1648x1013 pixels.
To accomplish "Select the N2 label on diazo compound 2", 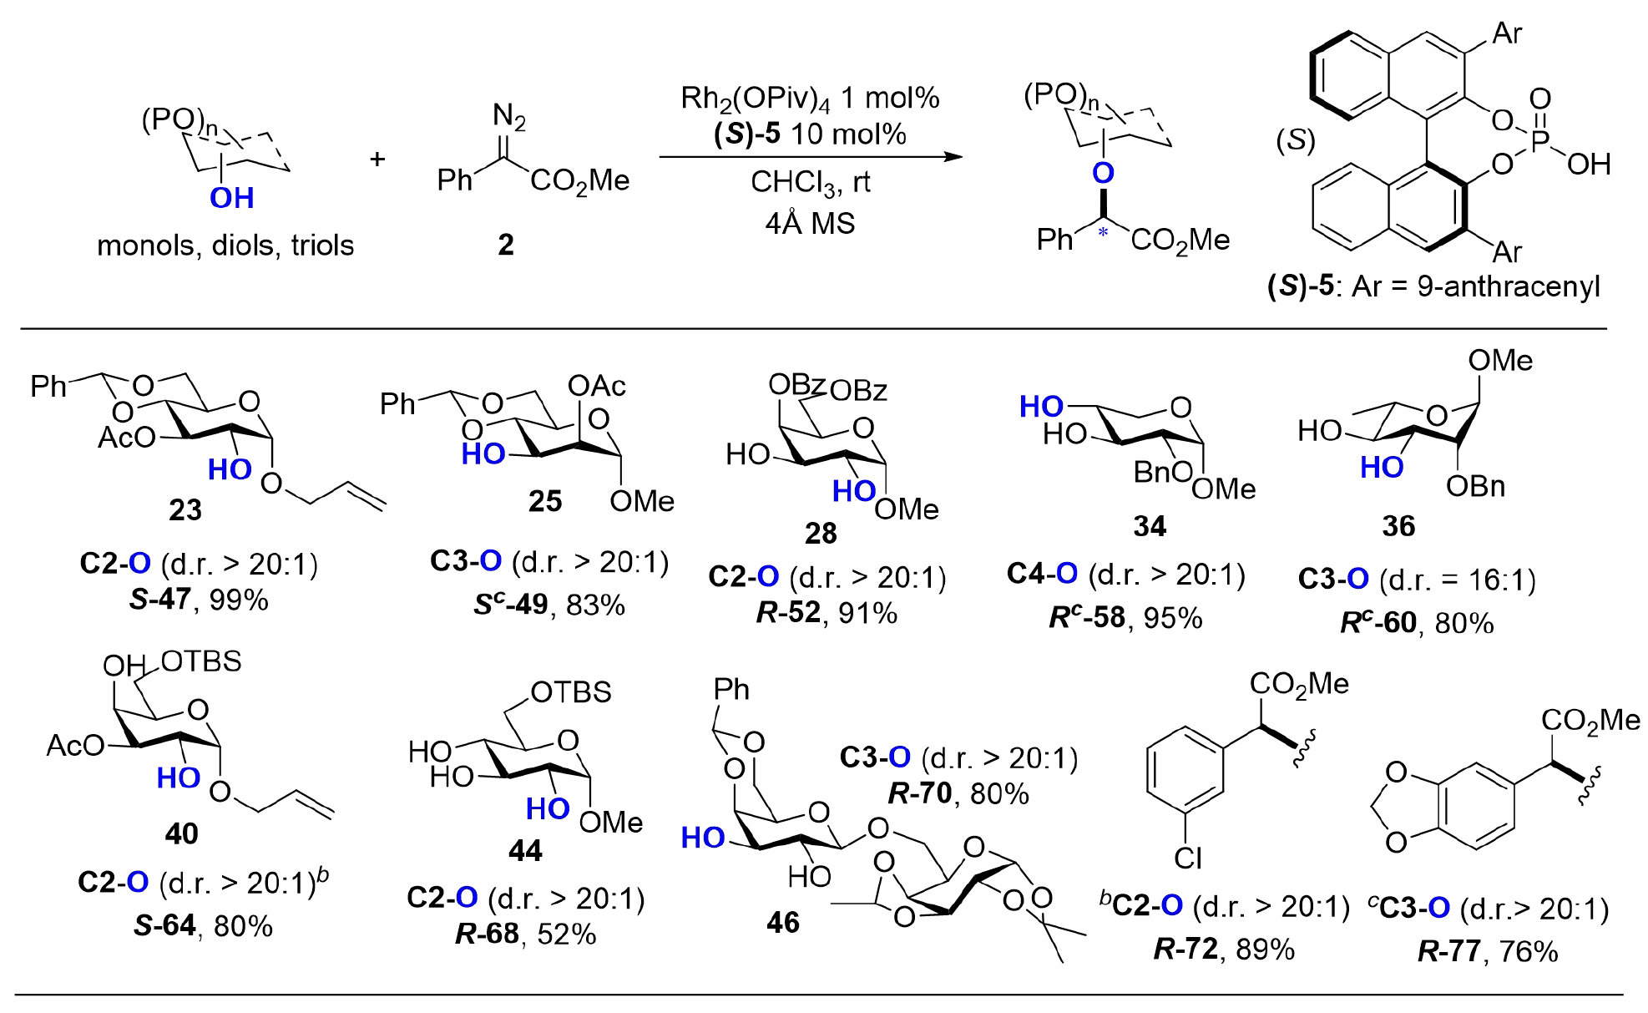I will coord(508,116).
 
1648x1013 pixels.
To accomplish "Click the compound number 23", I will coord(185,509).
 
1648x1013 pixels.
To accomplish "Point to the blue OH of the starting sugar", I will coord(231,198).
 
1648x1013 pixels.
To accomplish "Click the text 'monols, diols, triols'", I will coord(225,246).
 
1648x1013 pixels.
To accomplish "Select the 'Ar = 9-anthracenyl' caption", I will coord(1475,286).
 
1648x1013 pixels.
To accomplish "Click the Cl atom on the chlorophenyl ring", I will coord(1187,858).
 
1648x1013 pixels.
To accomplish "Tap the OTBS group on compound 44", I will coord(571,692).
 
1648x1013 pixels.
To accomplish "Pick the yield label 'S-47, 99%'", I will coord(199,600).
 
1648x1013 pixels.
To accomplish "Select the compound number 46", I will coord(783,922).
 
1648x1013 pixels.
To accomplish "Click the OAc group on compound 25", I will coord(596,386).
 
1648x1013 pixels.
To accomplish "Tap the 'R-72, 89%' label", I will coord(1224,949).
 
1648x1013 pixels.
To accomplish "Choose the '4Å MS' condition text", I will coord(810,224).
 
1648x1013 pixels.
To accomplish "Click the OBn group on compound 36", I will coord(1475,486).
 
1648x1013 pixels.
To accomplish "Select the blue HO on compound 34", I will coord(1041,407).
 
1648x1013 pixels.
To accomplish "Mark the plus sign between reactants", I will coord(377,159).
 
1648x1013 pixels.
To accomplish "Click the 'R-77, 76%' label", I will coord(1488,951).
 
